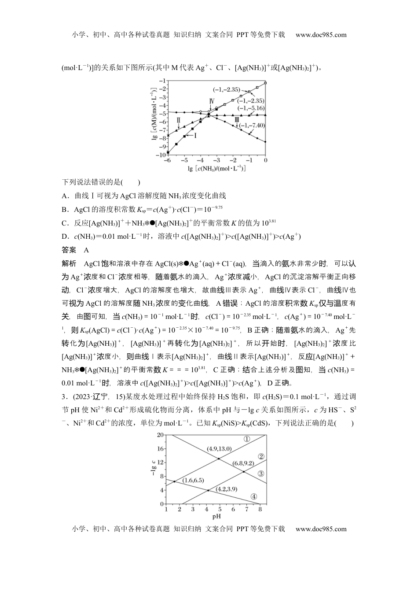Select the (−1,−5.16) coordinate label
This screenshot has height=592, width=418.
pos(251,108)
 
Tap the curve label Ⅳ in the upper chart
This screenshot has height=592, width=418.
pos(212,102)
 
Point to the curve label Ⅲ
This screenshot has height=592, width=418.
pos(237,119)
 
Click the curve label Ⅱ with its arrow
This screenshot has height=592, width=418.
pos(179,120)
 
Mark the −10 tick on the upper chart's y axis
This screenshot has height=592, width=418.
pos(161,155)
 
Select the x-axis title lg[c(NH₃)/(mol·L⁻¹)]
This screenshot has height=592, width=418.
pos(216,168)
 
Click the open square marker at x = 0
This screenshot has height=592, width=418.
pos(265,83)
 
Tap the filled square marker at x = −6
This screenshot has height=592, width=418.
pos(168,152)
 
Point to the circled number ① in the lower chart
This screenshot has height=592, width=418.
pos(247,439)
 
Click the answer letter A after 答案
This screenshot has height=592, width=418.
pos(86,250)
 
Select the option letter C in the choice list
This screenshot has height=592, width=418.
pos(64,223)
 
